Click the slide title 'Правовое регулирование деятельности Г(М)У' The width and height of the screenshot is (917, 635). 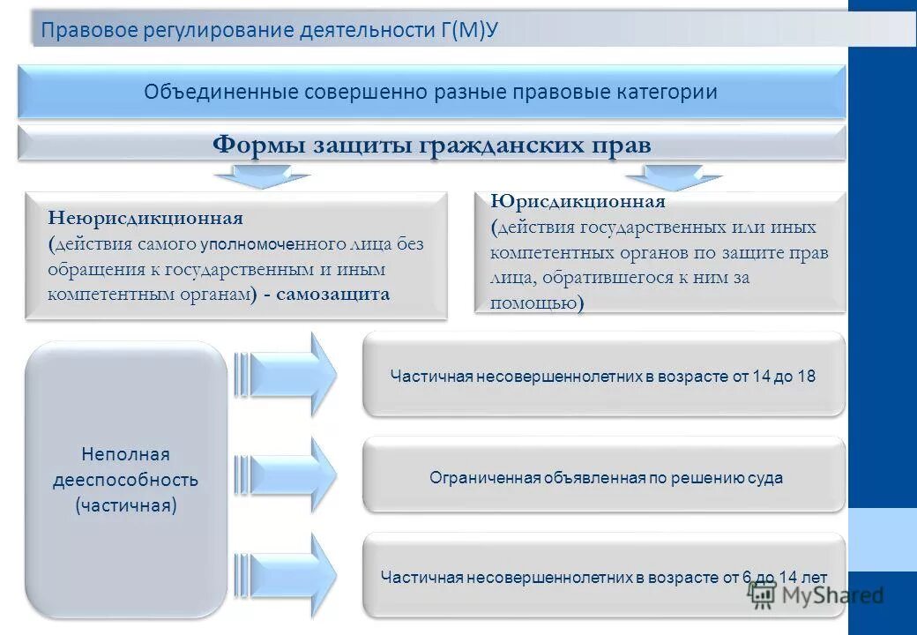pyautogui.click(x=270, y=30)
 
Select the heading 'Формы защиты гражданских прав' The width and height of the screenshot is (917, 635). pyautogui.click(x=431, y=144)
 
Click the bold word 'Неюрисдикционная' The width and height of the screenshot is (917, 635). pyautogui.click(x=145, y=217)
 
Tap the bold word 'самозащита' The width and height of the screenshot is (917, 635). pyautogui.click(x=332, y=295)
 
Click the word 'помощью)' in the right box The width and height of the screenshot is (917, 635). pyautogui.click(x=537, y=303)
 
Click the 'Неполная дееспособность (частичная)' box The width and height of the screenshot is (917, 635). pyautogui.click(x=126, y=480)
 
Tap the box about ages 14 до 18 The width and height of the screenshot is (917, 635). pyautogui.click(x=603, y=376)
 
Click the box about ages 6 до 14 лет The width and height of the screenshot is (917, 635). pyautogui.click(x=603, y=577)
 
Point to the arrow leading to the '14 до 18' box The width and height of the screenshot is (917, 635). pyautogui.click(x=287, y=374)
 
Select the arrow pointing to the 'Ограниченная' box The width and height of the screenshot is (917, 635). pyautogui.click(x=287, y=477)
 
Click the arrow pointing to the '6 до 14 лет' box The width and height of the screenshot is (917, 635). pyautogui.click(x=287, y=577)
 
